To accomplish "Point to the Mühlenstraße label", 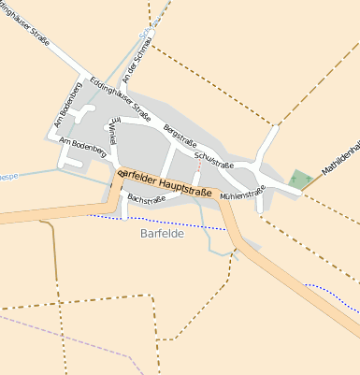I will tap(242, 192).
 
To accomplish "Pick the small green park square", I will tap(300, 178).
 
